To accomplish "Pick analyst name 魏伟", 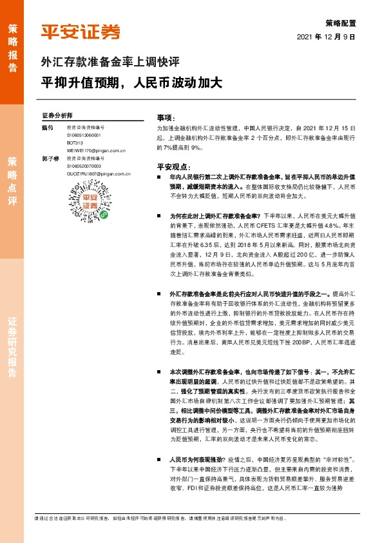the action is point(46,128).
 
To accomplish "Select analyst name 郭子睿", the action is point(48,158).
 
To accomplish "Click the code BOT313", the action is point(75,143).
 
